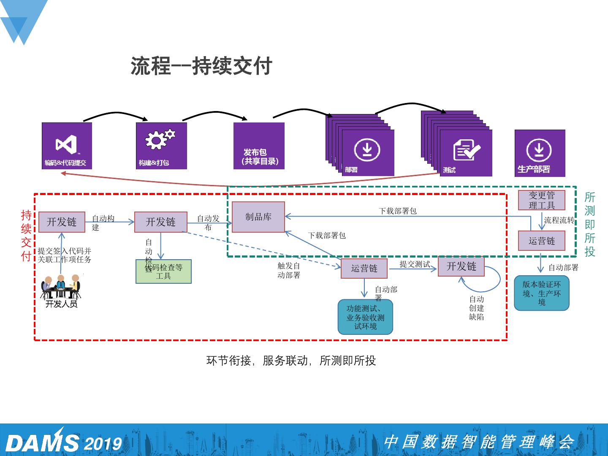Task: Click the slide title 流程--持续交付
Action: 201,66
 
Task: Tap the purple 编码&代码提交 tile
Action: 67,146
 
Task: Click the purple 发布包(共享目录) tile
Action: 259,146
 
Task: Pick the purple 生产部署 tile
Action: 540,153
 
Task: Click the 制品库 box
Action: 258,217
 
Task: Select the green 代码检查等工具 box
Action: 163,271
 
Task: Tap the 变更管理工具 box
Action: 542,200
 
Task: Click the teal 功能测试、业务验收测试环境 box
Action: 365,317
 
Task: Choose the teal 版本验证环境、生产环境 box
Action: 542,293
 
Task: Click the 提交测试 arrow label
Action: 415,264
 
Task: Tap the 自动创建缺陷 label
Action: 476,308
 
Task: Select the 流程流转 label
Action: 559,220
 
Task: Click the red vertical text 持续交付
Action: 26,236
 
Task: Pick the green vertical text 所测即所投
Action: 590,224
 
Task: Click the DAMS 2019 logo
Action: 63,442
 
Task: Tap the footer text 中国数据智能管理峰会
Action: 479,442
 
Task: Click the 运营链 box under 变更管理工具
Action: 542,241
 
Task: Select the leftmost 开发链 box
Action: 62,222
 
